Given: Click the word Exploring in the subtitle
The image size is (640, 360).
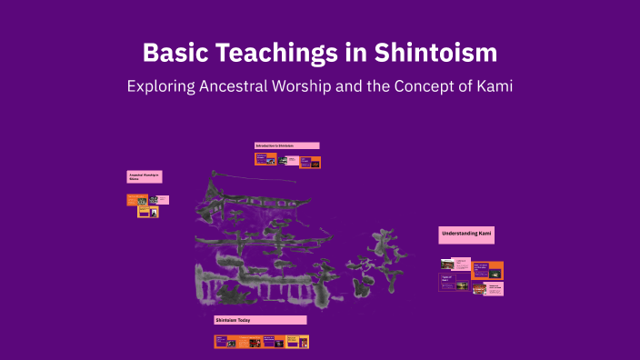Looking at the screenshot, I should pos(160,87).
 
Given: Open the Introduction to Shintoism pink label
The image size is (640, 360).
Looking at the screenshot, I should pos(286,145).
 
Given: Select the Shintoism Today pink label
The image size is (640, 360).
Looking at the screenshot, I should pos(260,320).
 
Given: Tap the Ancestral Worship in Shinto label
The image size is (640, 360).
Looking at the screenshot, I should pos(145,176).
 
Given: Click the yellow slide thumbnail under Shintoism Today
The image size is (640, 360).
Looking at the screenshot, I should pos(297,342).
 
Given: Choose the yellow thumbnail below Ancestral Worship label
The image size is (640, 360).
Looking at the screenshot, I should pos(148,212).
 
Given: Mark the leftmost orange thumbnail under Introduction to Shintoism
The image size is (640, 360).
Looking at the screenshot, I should pos(265,158).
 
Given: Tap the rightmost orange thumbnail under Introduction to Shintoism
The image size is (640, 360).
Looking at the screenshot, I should pos(311,162).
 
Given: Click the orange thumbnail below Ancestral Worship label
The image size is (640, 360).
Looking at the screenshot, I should pos(137,199).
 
